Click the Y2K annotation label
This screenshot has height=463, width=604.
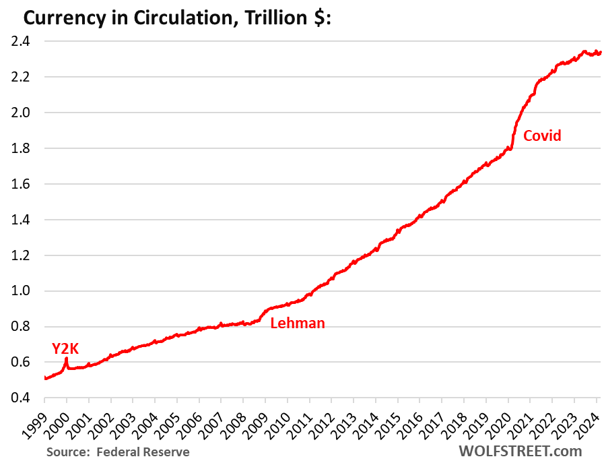pyautogui.click(x=65, y=348)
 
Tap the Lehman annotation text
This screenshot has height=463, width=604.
pyautogui.click(x=297, y=323)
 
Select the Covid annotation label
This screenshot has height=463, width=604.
pyautogui.click(x=542, y=135)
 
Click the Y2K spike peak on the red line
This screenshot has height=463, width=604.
pyautogui.click(x=66, y=359)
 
